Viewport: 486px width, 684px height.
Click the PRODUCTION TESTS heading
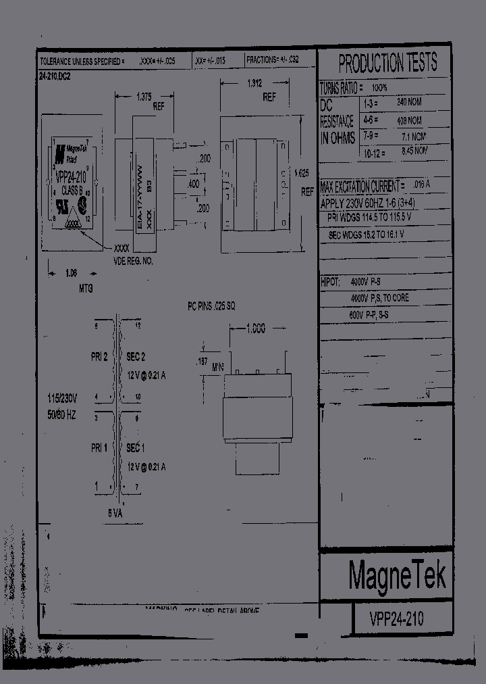[387, 64]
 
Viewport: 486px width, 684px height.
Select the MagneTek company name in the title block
[397, 575]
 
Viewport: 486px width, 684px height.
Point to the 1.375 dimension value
[144, 97]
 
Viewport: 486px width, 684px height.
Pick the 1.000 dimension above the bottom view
[254, 328]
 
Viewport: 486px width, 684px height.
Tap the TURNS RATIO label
[342, 89]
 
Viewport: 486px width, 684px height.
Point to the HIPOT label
[330, 280]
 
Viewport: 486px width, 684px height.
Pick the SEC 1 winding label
[136, 449]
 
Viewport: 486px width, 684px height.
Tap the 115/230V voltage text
[61, 398]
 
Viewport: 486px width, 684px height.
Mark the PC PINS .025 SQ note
[211, 306]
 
